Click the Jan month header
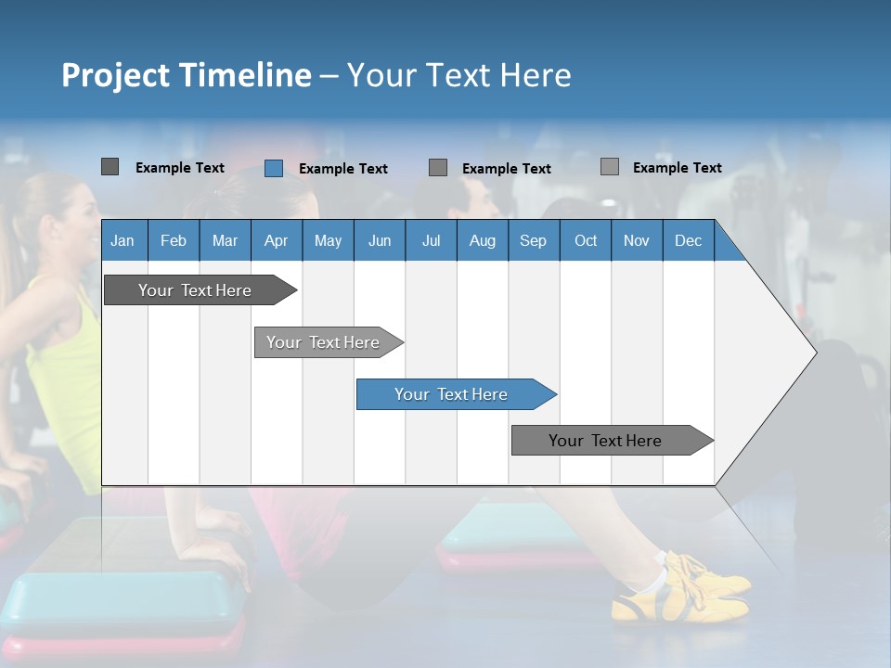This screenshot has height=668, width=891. click(x=123, y=241)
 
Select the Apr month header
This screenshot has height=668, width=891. click(x=276, y=241)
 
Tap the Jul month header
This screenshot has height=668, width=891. click(x=431, y=241)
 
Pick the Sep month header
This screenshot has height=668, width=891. click(x=533, y=241)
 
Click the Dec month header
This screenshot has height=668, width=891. click(x=688, y=241)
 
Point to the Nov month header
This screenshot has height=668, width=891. click(x=636, y=241)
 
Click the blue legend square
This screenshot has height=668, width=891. click(x=274, y=168)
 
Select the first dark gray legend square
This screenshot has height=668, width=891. click(x=110, y=167)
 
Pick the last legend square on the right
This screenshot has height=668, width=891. click(x=610, y=167)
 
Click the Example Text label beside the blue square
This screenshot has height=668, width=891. click(x=343, y=169)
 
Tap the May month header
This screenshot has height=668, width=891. click(x=328, y=241)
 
